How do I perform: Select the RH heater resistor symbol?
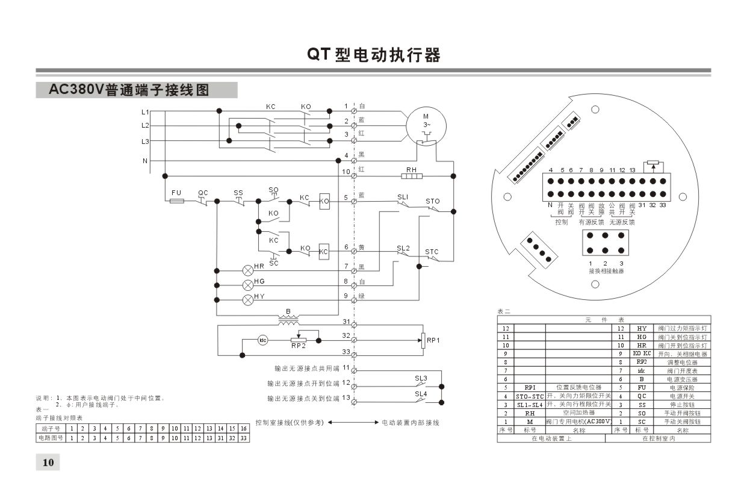click(412, 176)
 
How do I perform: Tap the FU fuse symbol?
click(177, 201)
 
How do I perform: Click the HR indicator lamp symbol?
click(247, 270)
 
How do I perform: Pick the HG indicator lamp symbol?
click(247, 285)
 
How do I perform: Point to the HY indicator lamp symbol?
click(247, 300)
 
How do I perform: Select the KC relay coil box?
click(324, 251)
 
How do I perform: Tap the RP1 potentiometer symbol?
click(423, 340)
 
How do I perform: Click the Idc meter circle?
click(263, 340)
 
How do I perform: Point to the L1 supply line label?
click(144, 112)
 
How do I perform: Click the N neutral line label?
click(144, 161)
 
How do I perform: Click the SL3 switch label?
click(421, 378)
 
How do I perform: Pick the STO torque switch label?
click(432, 201)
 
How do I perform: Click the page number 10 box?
click(48, 462)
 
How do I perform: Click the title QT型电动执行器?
click(374, 55)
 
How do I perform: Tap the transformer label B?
click(288, 311)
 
